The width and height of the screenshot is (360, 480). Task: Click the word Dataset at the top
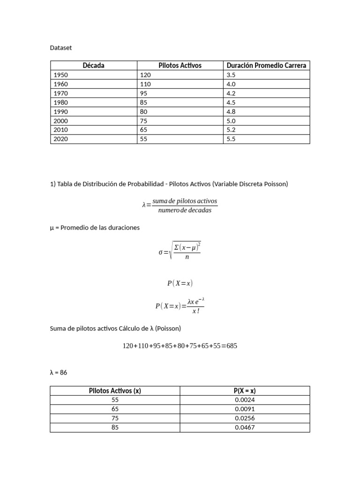[x=61, y=48]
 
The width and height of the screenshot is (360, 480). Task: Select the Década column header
[x=93, y=66]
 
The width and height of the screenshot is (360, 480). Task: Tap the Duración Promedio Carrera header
[x=266, y=66]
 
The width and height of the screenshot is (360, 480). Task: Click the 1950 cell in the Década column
[x=61, y=75]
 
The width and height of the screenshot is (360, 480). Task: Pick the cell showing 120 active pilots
[x=145, y=75]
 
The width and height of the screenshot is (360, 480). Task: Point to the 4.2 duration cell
[x=231, y=93]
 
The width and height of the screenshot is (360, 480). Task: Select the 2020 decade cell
[x=61, y=139]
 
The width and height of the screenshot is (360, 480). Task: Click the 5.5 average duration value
[x=231, y=139]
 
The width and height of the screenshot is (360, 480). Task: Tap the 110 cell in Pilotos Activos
[x=145, y=84]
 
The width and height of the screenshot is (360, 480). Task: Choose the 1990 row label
[x=61, y=112]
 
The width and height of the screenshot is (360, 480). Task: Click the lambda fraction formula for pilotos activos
[x=180, y=205]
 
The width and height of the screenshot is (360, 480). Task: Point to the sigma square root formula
[x=180, y=252]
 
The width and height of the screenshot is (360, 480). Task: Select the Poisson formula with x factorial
[x=180, y=306]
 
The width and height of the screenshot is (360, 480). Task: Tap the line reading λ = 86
[x=59, y=372]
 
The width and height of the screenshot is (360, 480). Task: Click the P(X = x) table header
[x=245, y=391]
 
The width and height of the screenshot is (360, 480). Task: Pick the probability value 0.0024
[x=245, y=400]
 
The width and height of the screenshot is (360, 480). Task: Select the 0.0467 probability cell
[x=245, y=427]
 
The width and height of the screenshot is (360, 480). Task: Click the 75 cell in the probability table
[x=115, y=418]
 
